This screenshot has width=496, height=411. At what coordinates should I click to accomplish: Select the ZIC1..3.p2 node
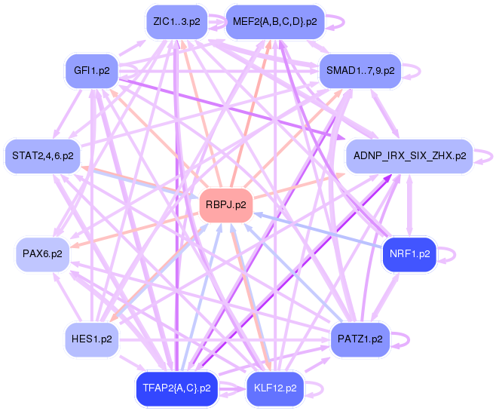[x=176, y=22]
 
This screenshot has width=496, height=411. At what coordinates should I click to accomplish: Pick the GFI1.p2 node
[x=91, y=71]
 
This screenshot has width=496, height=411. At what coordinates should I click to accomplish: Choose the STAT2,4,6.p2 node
[x=43, y=156]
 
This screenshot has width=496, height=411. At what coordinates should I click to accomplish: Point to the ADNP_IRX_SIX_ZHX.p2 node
[x=408, y=156]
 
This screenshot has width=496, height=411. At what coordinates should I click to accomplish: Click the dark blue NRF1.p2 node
[x=409, y=253]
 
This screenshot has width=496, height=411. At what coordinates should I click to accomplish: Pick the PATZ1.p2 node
[x=360, y=339]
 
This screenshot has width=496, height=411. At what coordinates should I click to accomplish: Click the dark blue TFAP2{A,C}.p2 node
[x=176, y=388]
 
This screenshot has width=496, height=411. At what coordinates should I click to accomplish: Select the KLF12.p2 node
[x=274, y=388]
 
